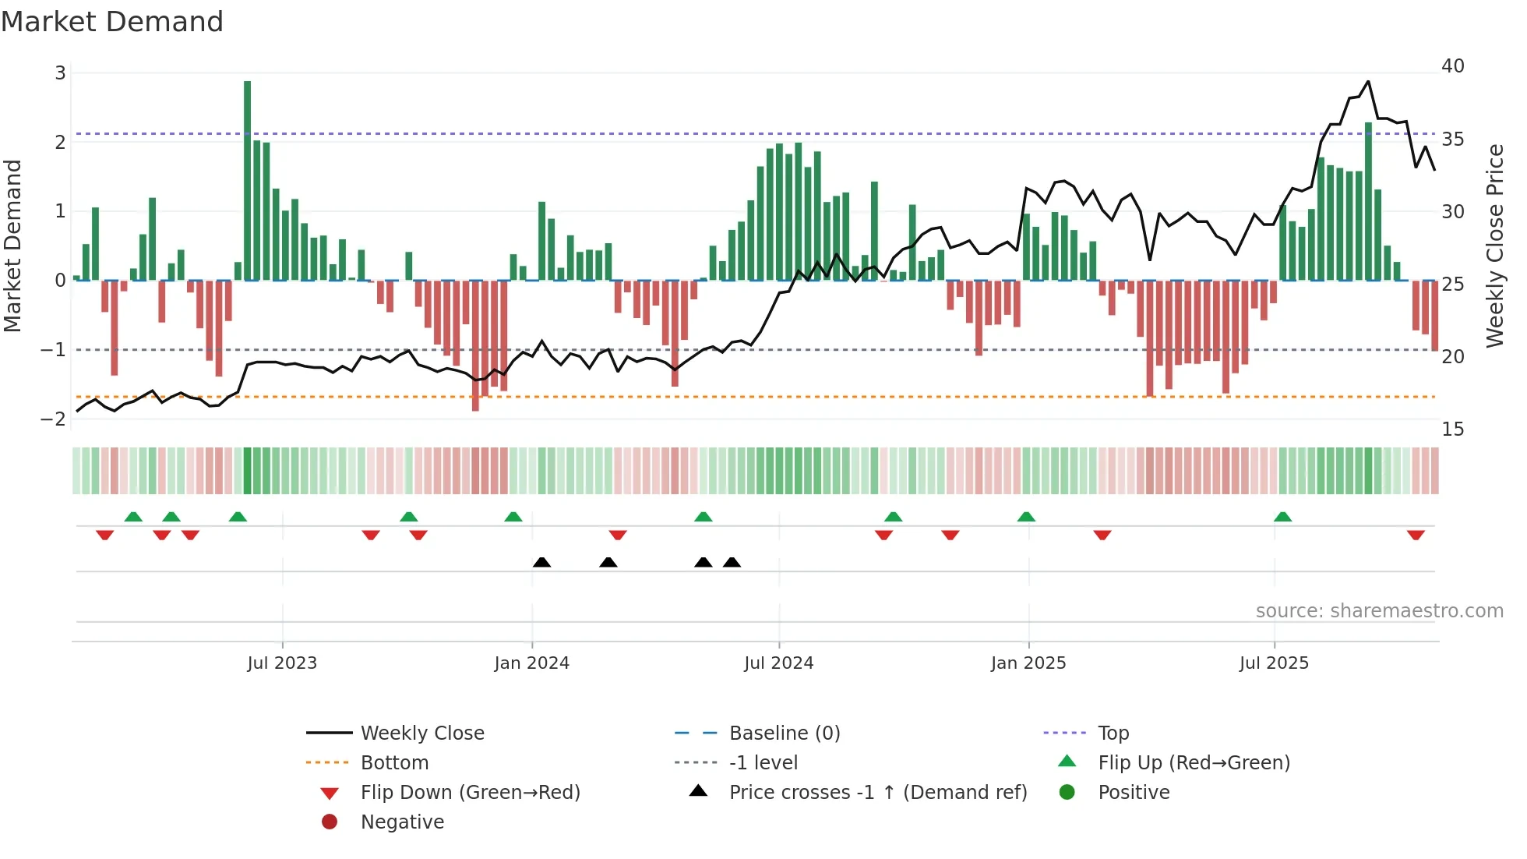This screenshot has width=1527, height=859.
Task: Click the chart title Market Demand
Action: tap(112, 22)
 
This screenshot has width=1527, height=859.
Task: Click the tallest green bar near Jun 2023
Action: tap(247, 179)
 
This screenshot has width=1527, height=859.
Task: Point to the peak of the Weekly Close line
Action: tap(1368, 81)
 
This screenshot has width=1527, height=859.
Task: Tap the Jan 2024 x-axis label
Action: tap(531, 663)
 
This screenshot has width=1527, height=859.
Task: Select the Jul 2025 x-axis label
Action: tap(1274, 663)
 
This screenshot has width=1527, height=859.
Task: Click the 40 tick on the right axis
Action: tap(1452, 66)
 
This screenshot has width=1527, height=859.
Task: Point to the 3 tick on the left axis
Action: tap(60, 73)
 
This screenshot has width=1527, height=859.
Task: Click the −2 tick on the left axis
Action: tap(54, 419)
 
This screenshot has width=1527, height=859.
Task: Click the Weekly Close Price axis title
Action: tap(1494, 246)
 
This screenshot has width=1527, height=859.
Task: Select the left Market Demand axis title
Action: tap(12, 246)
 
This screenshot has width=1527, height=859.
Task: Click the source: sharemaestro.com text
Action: tap(1379, 611)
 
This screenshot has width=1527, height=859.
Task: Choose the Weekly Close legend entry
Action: tap(421, 734)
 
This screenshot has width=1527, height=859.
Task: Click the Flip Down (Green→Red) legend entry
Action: tap(470, 793)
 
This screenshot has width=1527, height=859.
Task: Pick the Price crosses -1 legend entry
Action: tap(877, 793)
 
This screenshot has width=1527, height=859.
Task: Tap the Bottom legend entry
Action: tap(394, 763)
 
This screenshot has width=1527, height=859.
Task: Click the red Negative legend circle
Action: tap(330, 822)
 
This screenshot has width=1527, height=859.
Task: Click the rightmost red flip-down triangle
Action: tap(1416, 535)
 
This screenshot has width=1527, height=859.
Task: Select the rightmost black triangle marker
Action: tap(732, 562)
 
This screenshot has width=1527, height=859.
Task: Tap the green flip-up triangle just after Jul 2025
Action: tap(1282, 517)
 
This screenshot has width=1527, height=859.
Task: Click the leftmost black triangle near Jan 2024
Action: tap(541, 562)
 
